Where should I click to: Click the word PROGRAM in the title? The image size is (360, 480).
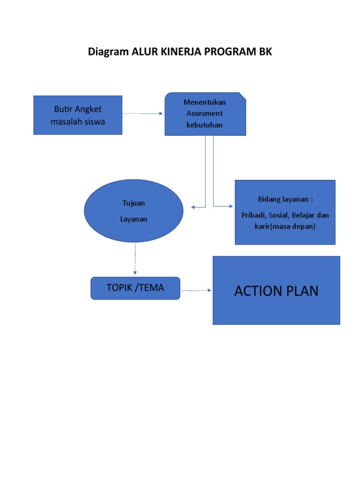pyautogui.click(x=228, y=52)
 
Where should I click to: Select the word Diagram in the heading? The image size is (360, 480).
pyautogui.click(x=108, y=52)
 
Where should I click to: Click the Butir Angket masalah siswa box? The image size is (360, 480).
pyautogui.click(x=78, y=115)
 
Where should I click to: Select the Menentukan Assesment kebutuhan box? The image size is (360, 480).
pyautogui.click(x=205, y=114)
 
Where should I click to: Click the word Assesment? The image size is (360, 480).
pyautogui.click(x=204, y=113)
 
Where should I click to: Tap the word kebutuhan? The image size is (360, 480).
pyautogui.click(x=204, y=125)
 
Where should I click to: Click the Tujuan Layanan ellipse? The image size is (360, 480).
pyautogui.click(x=134, y=211)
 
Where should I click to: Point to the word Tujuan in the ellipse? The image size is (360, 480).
pyautogui.click(x=134, y=203)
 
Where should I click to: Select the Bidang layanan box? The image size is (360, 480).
pyautogui.click(x=285, y=212)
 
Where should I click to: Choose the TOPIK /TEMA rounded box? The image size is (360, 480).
pyautogui.click(x=135, y=288)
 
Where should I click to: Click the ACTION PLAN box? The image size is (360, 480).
pyautogui.click(x=276, y=291)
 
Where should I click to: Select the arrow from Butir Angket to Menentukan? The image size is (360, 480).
pyautogui.click(x=143, y=113)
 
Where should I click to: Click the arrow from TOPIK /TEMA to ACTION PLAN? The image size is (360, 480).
pyautogui.click(x=196, y=291)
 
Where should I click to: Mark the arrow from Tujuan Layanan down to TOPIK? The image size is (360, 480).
pyautogui.click(x=135, y=258)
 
